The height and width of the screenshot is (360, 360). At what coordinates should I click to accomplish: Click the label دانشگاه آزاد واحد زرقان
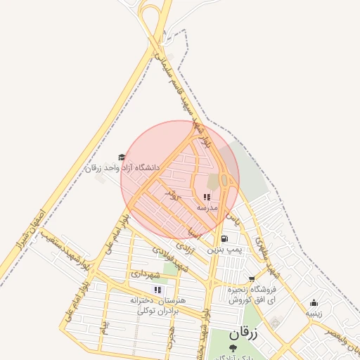pyautogui.click(x=122, y=169)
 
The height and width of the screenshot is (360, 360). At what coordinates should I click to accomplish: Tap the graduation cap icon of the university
pyautogui.click(x=122, y=157)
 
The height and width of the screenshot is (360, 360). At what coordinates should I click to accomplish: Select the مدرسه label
pyautogui.click(x=207, y=208)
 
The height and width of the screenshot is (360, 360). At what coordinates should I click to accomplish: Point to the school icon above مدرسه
pyautogui.click(x=207, y=198)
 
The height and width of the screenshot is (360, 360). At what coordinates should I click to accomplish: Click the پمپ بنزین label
pyautogui.click(x=224, y=249)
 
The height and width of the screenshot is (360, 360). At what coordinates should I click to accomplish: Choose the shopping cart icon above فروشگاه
pyautogui.click(x=252, y=279)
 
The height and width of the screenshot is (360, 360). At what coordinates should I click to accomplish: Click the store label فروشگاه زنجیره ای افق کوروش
pyautogui.click(x=252, y=295)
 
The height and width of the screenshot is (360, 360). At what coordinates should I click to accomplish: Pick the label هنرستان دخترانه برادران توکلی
pyautogui.click(x=152, y=305)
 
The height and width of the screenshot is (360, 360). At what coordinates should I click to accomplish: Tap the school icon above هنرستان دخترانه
pyautogui.click(x=157, y=290)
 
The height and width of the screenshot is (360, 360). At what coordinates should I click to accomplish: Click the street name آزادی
pyautogui.click(x=185, y=247)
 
